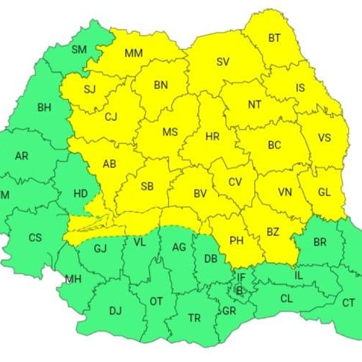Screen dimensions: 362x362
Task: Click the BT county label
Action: [275, 38]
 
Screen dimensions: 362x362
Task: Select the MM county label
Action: [134, 53]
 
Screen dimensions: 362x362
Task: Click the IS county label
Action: [300, 88]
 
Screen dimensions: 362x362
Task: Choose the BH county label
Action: [45, 107]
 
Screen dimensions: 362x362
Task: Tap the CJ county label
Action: [110, 117]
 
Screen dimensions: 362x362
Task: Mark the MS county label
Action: [170, 132]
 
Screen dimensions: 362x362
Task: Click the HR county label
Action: [213, 136]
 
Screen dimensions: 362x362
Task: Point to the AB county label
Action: [109, 164]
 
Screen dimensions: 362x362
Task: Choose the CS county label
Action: [35, 237]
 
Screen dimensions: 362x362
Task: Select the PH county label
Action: [235, 240]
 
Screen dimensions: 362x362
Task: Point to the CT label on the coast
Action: [348, 303]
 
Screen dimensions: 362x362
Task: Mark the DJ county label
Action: [115, 311]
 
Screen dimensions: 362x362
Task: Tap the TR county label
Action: [194, 318]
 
